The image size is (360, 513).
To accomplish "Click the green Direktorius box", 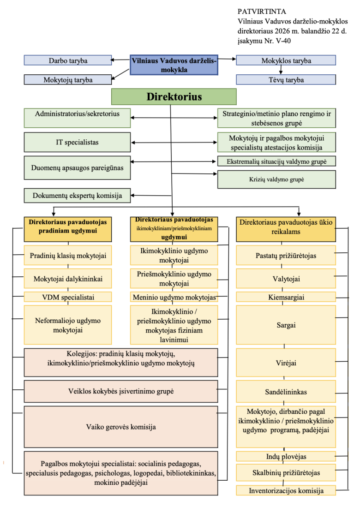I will click(174, 97).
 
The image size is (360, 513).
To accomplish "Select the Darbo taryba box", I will click(68, 60).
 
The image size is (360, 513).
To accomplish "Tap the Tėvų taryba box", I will click(286, 80).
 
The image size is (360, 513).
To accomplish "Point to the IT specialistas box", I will click(77, 143).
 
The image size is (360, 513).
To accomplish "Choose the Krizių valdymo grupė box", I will click(276, 179).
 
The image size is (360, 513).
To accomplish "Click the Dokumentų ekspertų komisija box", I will click(77, 196).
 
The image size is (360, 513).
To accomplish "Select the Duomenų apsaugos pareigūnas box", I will click(77, 168).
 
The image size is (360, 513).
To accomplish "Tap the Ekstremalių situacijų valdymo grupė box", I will click(276, 161).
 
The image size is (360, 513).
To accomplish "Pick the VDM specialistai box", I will click(68, 297).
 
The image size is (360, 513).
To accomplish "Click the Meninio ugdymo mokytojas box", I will click(174, 297).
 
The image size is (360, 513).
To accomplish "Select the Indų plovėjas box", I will click(286, 457).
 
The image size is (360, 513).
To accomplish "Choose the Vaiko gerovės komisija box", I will click(120, 427).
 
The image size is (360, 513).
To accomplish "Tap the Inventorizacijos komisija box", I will click(286, 490).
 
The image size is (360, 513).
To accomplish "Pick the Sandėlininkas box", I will click(286, 392).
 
